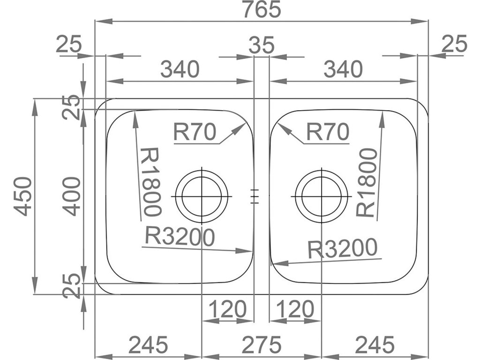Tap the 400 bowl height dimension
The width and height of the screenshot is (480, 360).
coord(69,196)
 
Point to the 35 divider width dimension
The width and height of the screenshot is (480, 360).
coord(261,45)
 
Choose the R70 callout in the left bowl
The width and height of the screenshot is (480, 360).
coord(195,133)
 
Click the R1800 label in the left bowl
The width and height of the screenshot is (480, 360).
coord(151,182)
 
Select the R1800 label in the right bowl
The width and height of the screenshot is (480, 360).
coord(367,182)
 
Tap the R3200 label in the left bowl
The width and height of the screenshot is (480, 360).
coord(180,236)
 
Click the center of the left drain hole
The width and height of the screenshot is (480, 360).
coord(202,195)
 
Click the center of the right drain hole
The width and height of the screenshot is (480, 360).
coord(322,195)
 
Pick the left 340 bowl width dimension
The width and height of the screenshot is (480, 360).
coord(180,70)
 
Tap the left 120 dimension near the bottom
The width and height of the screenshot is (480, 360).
coord(227,309)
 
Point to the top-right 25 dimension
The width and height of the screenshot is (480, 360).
coord(455,45)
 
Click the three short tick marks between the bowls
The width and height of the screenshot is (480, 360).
coord(254,195)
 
